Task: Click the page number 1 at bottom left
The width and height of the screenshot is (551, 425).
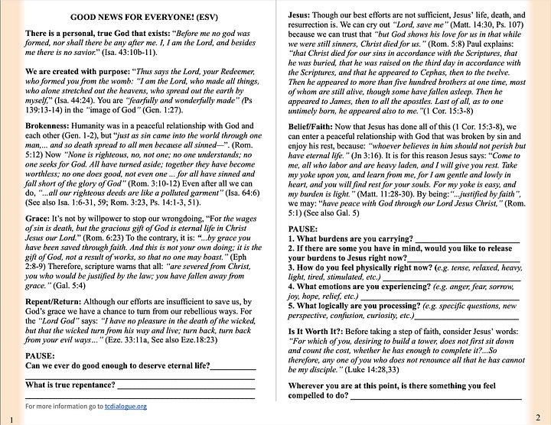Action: (x=5, y=420)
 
